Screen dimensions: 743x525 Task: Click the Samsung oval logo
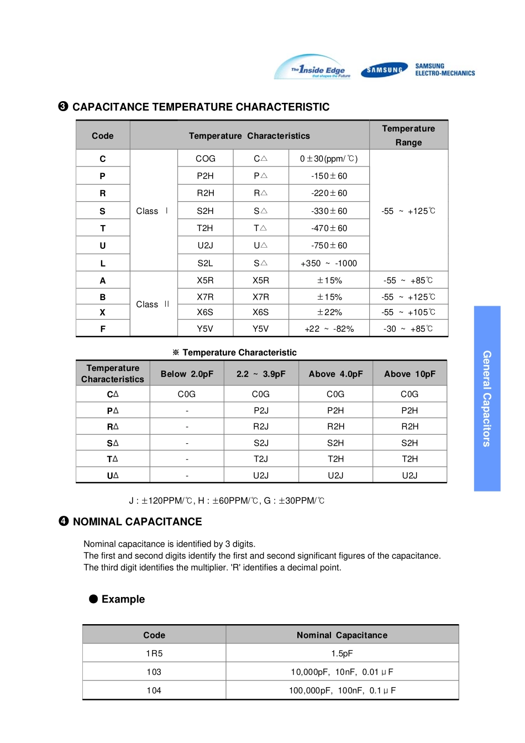click(384, 70)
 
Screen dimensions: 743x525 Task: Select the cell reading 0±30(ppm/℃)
click(329, 159)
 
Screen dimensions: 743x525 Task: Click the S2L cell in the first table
click(205, 263)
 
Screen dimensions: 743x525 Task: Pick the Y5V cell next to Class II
click(205, 328)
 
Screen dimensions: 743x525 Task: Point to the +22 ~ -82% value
click(329, 328)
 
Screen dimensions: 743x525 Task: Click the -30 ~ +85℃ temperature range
click(408, 328)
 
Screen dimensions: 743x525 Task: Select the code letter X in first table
click(103, 312)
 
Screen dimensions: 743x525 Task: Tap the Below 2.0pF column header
click(187, 374)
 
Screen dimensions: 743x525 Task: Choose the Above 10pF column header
click(410, 374)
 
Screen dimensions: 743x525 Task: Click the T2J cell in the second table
click(261, 459)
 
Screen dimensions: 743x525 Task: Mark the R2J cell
click(261, 426)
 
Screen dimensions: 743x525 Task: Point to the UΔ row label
click(113, 475)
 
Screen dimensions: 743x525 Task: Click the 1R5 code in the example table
click(154, 653)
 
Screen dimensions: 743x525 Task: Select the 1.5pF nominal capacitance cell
click(342, 653)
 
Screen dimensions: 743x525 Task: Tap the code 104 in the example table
click(154, 690)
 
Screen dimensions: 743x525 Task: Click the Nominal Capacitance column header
click(342, 635)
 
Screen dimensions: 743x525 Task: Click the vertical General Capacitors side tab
click(487, 399)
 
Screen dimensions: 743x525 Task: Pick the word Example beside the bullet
click(123, 599)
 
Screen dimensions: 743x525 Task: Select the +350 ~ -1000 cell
click(329, 263)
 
